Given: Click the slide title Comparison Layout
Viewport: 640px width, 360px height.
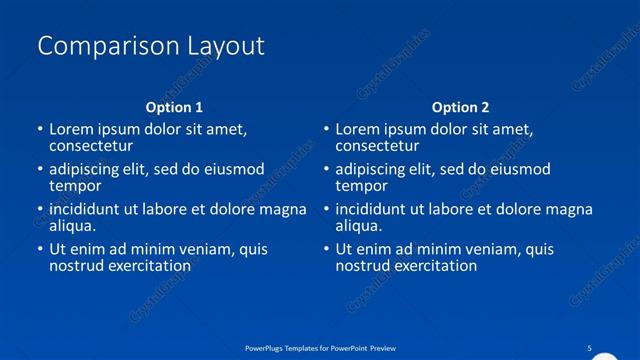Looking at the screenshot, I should point(150,45).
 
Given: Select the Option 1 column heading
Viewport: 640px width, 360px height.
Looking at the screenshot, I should point(174,106).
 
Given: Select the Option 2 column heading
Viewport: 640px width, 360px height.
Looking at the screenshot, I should point(461,106).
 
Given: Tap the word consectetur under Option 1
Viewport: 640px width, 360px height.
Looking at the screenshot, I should point(92,146).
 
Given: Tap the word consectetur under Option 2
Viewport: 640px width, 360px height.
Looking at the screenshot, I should point(379,146).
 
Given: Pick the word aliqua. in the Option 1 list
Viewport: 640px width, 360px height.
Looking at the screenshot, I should point(72,226).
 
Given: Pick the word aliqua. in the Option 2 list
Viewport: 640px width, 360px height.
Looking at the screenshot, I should point(359,226).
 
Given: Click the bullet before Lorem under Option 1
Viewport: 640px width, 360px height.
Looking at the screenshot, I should point(40,130).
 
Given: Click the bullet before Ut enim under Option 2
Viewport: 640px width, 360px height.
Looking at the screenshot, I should point(327,250).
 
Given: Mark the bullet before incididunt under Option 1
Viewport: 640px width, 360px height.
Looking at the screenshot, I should point(40,210).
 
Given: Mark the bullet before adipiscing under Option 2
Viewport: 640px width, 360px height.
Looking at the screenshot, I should point(327,170).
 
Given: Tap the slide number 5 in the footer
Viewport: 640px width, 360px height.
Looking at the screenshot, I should point(589,347).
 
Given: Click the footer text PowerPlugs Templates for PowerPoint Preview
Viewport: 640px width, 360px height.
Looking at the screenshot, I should point(320,347).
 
